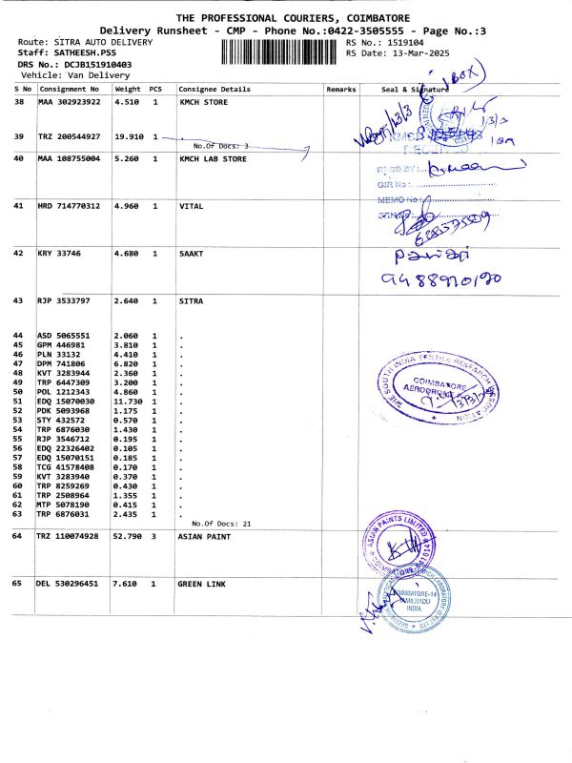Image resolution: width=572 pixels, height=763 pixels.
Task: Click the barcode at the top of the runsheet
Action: pyautogui.click(x=280, y=50)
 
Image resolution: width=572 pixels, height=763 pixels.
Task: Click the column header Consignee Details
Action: pyautogui.click(x=214, y=89)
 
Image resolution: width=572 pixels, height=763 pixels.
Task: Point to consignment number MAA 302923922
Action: pyautogui.click(x=69, y=101)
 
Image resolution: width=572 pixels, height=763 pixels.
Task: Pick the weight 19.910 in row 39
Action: pyautogui.click(x=128, y=136)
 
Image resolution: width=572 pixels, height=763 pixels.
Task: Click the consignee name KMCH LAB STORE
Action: pyautogui.click(x=214, y=159)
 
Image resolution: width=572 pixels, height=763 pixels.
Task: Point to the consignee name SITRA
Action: pyautogui.click(x=191, y=300)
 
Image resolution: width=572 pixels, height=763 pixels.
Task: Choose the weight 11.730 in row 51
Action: pyautogui.click(x=128, y=402)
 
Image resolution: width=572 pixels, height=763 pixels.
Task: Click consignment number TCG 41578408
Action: pyautogui.click(x=65, y=467)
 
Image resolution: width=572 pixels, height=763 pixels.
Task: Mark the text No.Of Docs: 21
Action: pyautogui.click(x=221, y=524)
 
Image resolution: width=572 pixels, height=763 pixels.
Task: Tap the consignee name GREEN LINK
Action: pyautogui.click(x=202, y=582)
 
